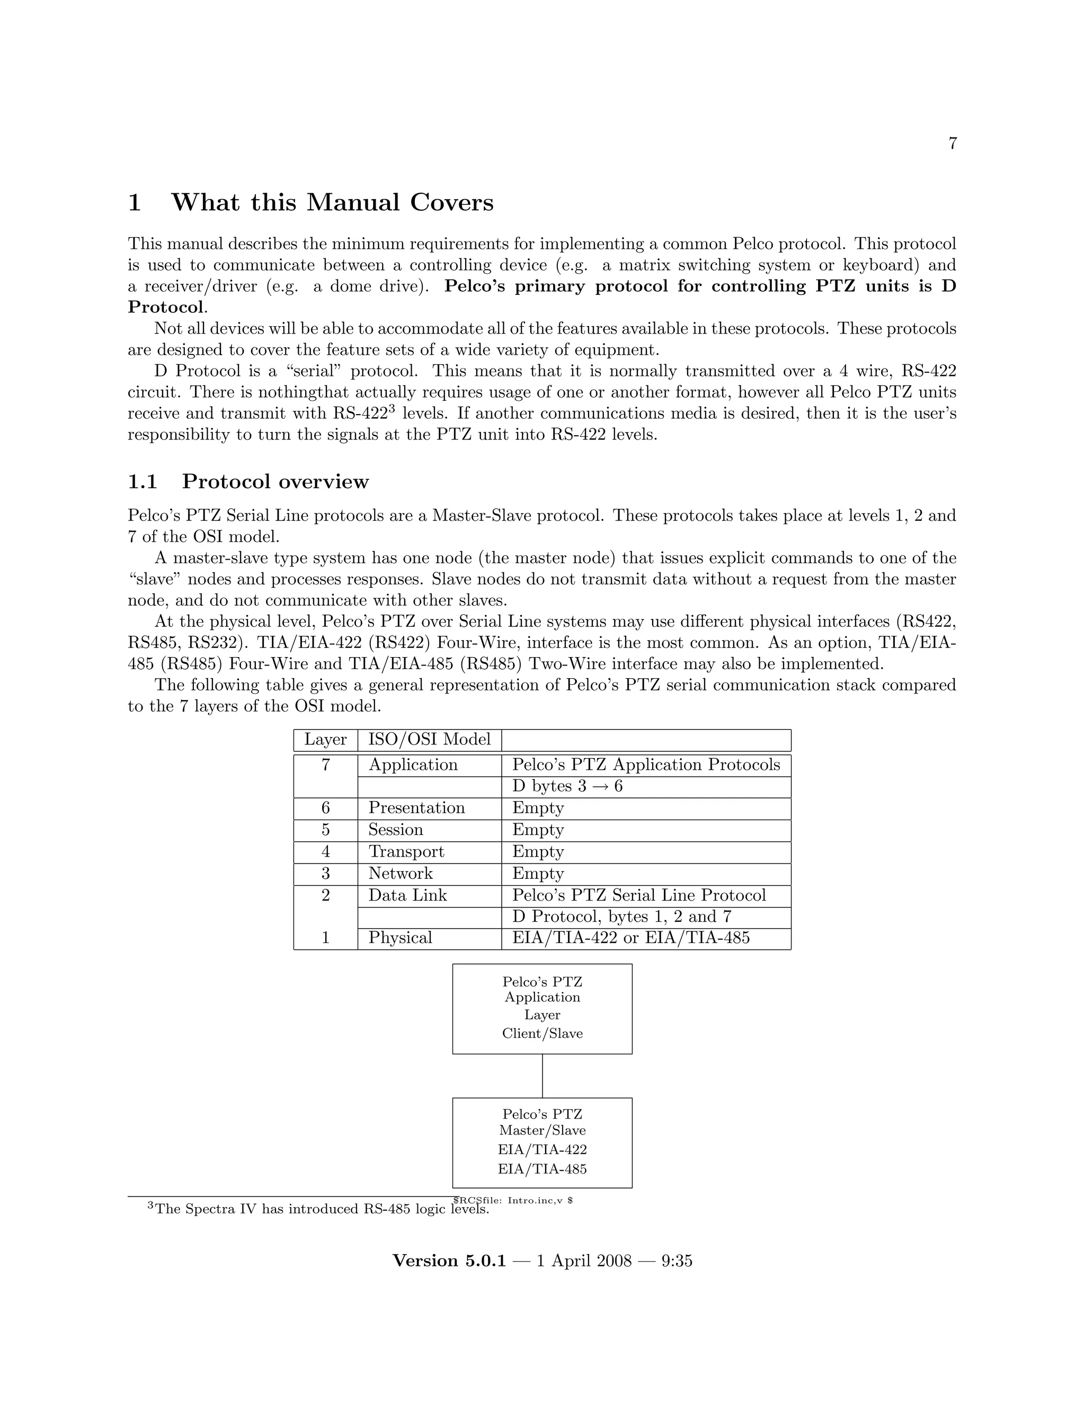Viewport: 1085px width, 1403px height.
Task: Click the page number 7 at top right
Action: tap(952, 144)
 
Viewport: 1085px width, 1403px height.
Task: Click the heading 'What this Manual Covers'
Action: tap(332, 202)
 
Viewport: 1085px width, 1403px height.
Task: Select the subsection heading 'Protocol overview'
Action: tap(275, 481)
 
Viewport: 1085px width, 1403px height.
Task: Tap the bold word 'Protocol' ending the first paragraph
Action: tap(165, 307)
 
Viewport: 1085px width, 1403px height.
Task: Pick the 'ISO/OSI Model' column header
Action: tap(429, 740)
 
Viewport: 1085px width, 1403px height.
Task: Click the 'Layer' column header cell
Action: tap(325, 740)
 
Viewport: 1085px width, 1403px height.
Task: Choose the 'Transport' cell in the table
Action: tap(406, 852)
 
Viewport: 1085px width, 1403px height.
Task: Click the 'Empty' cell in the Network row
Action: tap(537, 874)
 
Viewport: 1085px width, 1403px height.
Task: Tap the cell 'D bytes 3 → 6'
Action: tap(567, 786)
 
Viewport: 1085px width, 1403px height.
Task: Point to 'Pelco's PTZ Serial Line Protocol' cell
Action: tap(639, 895)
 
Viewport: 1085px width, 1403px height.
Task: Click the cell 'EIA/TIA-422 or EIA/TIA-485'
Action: tap(630, 938)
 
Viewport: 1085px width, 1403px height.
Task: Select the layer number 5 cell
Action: tap(325, 830)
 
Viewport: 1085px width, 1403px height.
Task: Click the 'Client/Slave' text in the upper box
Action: tap(542, 1033)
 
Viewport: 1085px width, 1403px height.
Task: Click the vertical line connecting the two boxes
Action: tap(542, 1075)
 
